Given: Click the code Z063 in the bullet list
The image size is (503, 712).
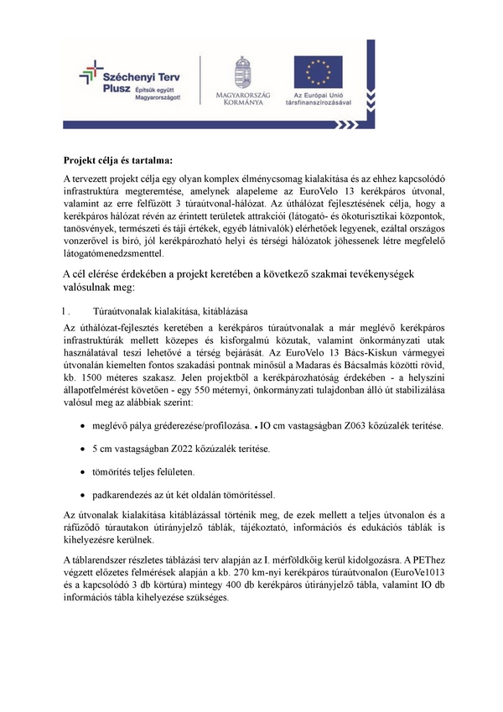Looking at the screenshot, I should click(x=355, y=428).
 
